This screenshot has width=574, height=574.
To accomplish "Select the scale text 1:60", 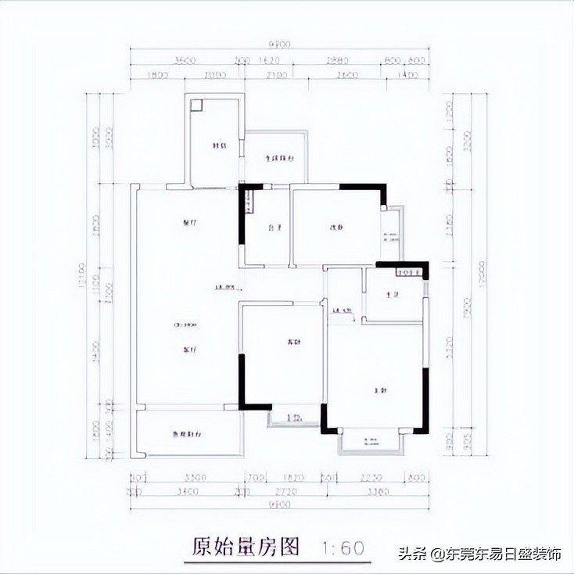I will (x=343, y=547).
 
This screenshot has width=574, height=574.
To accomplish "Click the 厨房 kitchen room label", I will (x=221, y=146).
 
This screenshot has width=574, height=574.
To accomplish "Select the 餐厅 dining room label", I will (x=188, y=223).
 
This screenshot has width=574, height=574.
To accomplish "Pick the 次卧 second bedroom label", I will (x=336, y=228).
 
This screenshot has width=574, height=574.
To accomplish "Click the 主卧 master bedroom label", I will (x=380, y=389).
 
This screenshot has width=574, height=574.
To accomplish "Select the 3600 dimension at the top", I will (x=185, y=59).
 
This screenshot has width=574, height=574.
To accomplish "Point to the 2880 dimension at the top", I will (x=337, y=59).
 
